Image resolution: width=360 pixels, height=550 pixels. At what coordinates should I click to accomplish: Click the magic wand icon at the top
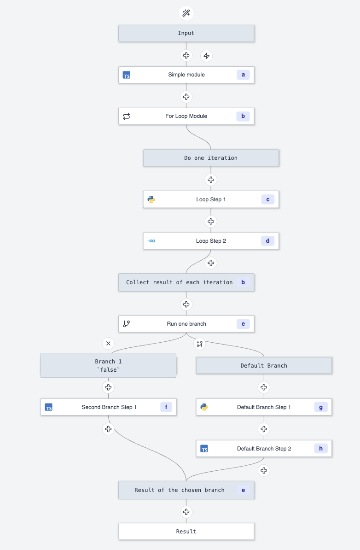pyautogui.click(x=186, y=13)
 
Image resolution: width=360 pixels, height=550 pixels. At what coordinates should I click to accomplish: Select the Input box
pyautogui.click(x=186, y=33)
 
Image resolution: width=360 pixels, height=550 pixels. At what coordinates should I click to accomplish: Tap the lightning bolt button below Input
pyautogui.click(x=207, y=56)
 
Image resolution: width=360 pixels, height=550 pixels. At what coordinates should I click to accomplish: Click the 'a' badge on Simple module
pyautogui.click(x=243, y=75)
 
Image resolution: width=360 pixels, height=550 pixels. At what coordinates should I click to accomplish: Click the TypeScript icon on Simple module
pyautogui.click(x=127, y=75)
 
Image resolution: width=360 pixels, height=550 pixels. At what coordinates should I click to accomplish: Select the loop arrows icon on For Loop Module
pyautogui.click(x=127, y=117)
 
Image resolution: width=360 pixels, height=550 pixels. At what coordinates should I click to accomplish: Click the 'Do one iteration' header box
pyautogui.click(x=211, y=158)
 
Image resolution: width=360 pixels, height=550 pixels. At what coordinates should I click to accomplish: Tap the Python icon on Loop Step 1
pyautogui.click(x=151, y=199)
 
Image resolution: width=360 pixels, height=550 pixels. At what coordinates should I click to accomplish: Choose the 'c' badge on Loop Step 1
pyautogui.click(x=267, y=199)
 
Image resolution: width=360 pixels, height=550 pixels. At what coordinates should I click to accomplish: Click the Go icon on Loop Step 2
pyautogui.click(x=151, y=241)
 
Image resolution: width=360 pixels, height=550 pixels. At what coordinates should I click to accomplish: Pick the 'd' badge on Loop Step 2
pyautogui.click(x=267, y=241)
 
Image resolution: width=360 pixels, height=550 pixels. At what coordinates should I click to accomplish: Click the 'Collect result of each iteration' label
pyautogui.click(x=179, y=282)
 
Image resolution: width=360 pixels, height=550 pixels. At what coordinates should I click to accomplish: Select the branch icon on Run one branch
pyautogui.click(x=127, y=324)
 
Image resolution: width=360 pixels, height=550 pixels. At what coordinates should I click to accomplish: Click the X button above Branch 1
pyautogui.click(x=108, y=343)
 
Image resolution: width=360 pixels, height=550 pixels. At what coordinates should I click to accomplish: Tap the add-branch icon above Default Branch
pyautogui.click(x=199, y=343)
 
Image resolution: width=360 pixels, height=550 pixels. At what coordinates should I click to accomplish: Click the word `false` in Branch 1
pyautogui.click(x=108, y=370)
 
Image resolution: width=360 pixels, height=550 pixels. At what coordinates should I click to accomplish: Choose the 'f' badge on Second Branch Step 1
pyautogui.click(x=166, y=407)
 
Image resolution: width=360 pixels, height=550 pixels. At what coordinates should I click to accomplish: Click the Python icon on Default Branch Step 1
pyautogui.click(x=204, y=407)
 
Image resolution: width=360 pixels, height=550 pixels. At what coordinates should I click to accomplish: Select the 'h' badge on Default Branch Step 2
pyautogui.click(x=321, y=448)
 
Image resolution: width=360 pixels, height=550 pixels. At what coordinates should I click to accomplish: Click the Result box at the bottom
pyautogui.click(x=186, y=532)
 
